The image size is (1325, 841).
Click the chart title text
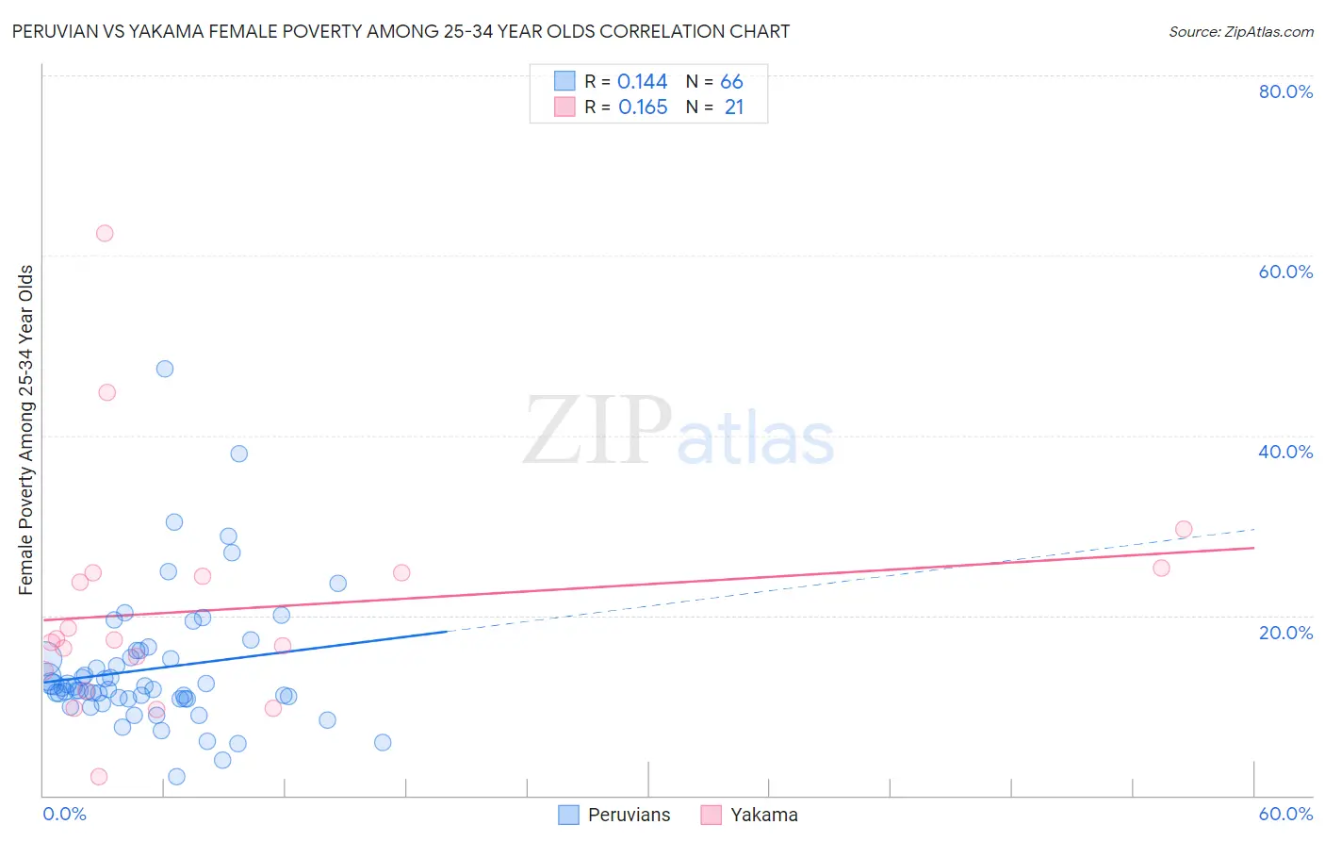tap(401, 31)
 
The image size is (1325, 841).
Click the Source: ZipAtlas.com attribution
tap(1240, 31)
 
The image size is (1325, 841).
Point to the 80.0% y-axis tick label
tap(1285, 91)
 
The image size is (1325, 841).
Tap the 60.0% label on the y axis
tap(1285, 272)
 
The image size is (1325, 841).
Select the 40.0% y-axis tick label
tap(1285, 452)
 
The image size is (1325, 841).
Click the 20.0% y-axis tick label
tap(1285, 632)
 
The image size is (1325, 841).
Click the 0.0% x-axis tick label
tap(64, 814)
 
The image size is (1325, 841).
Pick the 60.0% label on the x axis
tap(1285, 814)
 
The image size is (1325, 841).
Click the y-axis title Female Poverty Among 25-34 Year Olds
tap(25, 430)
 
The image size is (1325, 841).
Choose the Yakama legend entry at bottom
tap(750, 815)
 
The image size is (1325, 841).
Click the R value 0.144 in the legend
tap(642, 82)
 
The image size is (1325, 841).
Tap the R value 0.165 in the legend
tap(643, 107)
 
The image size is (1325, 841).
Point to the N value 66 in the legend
tap(731, 82)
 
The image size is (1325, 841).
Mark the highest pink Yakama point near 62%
tap(105, 233)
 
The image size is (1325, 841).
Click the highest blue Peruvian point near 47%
tap(165, 369)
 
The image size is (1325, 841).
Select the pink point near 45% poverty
tap(107, 392)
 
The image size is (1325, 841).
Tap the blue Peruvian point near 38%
tap(239, 453)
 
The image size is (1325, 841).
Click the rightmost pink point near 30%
tap(1184, 529)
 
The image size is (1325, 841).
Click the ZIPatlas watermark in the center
tap(679, 432)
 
